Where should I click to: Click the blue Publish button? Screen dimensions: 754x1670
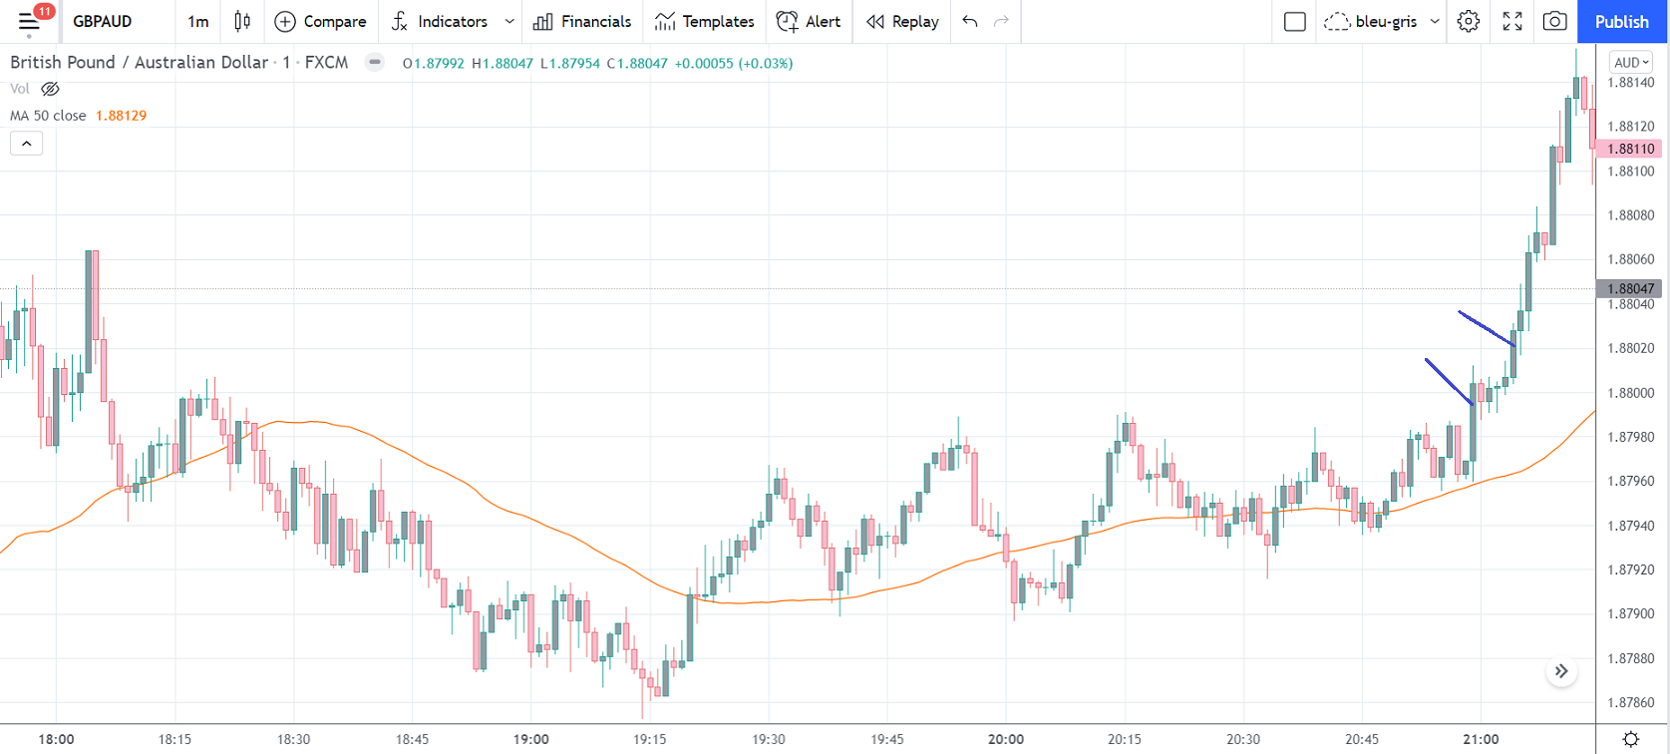pos(1621,21)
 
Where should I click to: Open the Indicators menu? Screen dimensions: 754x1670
pos(441,21)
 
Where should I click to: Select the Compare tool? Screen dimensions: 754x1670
pos(320,21)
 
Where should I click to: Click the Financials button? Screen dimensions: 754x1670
pos(582,21)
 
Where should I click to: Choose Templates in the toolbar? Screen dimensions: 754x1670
pos(705,21)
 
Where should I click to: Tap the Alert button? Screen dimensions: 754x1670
pos(809,21)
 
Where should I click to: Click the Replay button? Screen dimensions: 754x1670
pos(902,21)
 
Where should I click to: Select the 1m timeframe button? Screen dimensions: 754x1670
pos(198,21)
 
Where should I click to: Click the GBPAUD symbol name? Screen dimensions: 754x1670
pos(103,21)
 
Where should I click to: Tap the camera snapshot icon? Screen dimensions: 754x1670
pos(1554,21)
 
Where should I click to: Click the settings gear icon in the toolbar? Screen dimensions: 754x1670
pos(1468,21)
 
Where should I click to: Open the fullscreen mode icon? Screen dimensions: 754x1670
pos(1511,21)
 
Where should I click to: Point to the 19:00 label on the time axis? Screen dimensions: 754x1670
pos(531,739)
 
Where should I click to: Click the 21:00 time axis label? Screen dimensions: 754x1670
pos(1481,739)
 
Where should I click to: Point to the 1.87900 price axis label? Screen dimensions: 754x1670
pos(1631,613)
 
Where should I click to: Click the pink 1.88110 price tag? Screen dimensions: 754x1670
pos(1630,149)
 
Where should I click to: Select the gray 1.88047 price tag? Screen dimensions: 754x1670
pos(1630,288)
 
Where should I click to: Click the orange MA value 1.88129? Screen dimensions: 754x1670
pos(121,116)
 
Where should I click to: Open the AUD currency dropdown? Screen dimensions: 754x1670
pos(1631,63)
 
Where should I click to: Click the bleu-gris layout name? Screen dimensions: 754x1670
pos(1386,21)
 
